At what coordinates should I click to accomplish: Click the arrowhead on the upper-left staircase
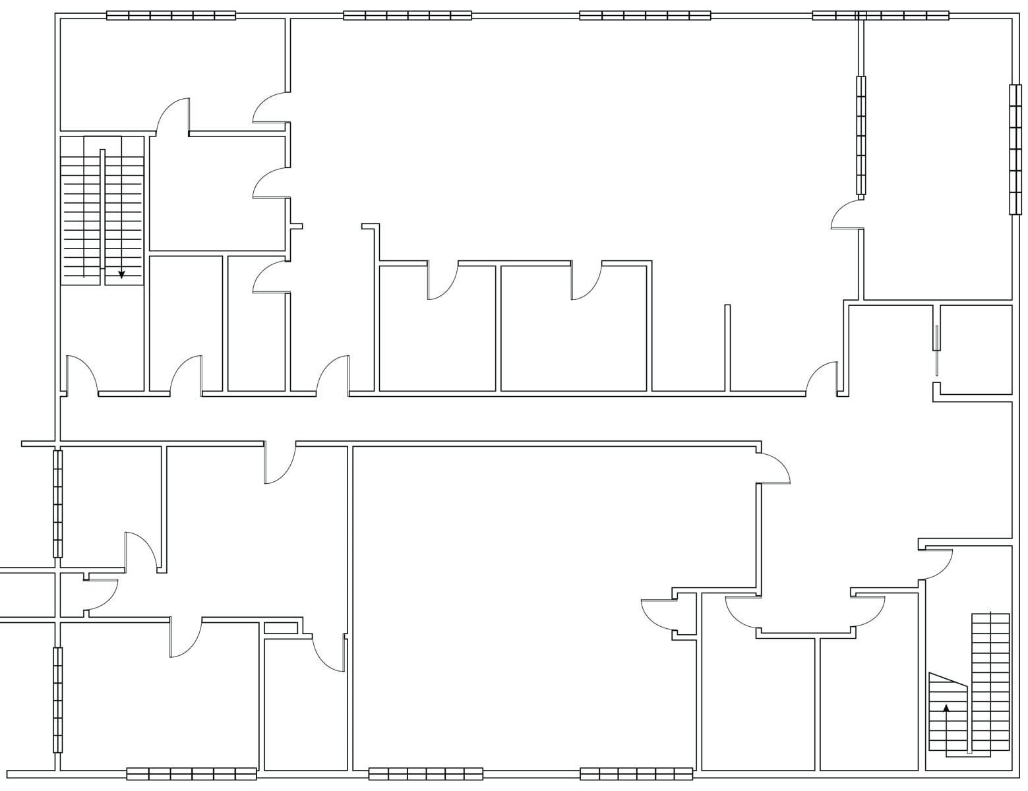[121, 274]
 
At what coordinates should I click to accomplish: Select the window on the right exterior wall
[1015, 150]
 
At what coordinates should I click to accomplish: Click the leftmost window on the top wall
[171, 15]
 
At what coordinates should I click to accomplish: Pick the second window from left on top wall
[408, 15]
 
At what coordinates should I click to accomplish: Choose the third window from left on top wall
[645, 15]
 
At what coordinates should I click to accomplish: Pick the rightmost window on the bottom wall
[636, 774]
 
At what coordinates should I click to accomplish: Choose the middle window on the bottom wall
[425, 774]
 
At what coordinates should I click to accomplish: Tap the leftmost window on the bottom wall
[191, 774]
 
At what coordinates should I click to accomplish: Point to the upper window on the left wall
[58, 504]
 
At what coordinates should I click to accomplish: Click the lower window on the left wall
[58, 699]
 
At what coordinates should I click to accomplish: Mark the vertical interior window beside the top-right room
[861, 135]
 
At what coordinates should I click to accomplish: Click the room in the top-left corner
[171, 73]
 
